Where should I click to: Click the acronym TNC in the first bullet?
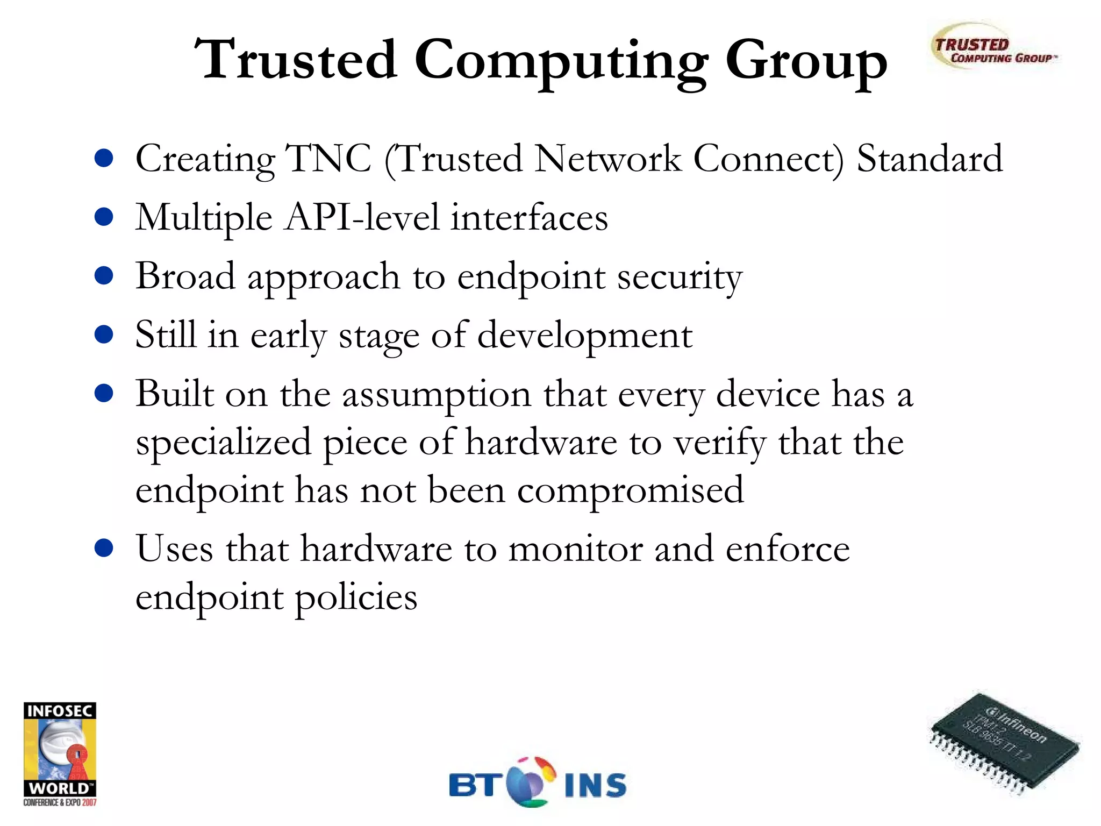point(328,159)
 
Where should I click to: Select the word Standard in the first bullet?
point(930,159)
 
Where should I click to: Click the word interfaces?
point(530,218)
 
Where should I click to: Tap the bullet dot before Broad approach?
point(104,276)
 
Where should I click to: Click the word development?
point(585,336)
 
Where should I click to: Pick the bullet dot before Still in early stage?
point(104,334)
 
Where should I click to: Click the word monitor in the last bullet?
point(576,549)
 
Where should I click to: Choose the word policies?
point(356,597)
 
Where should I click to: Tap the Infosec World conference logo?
point(60,753)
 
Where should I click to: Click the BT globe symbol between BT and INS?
point(531,782)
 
